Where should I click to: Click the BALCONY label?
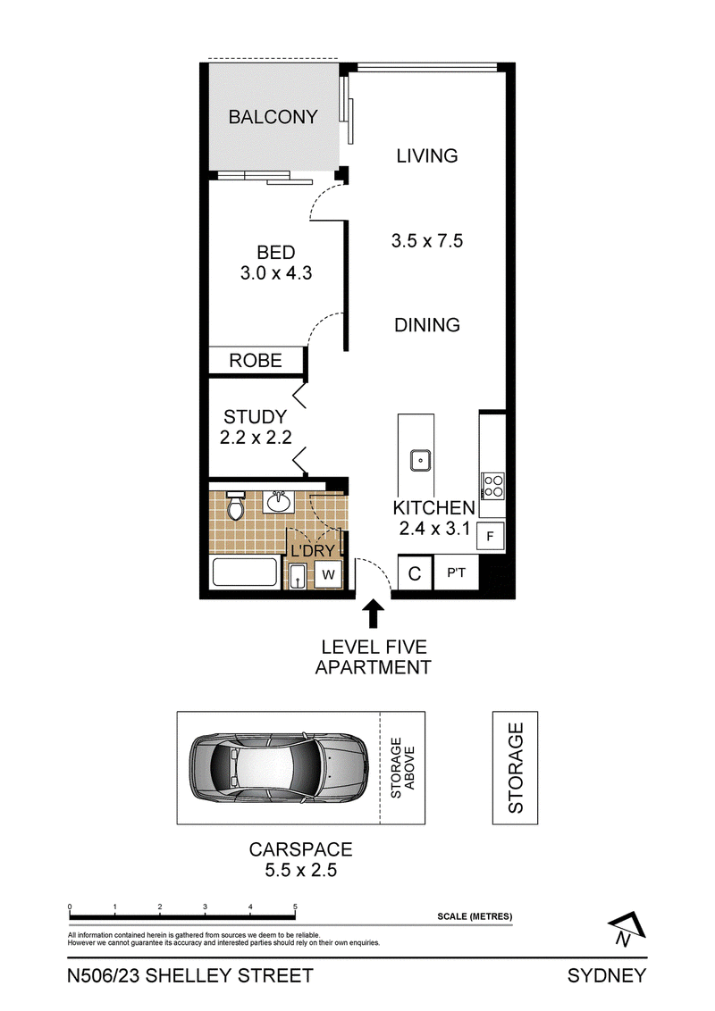tap(273, 117)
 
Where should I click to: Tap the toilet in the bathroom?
tap(236, 505)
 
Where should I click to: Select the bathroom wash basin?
tap(279, 502)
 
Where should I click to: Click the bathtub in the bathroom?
tap(245, 572)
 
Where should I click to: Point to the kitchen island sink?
tap(421, 460)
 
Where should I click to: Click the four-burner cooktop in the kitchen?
tap(493, 486)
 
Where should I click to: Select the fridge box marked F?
tap(490, 536)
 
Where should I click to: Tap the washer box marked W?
tap(328, 574)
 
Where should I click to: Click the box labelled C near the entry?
tap(415, 573)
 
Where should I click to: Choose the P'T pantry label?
tap(456, 572)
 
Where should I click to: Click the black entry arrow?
tap(373, 614)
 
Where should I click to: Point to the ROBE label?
tap(256, 361)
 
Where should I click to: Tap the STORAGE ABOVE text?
tap(403, 768)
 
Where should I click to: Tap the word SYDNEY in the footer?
tap(607, 976)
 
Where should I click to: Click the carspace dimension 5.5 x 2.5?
tap(300, 871)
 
